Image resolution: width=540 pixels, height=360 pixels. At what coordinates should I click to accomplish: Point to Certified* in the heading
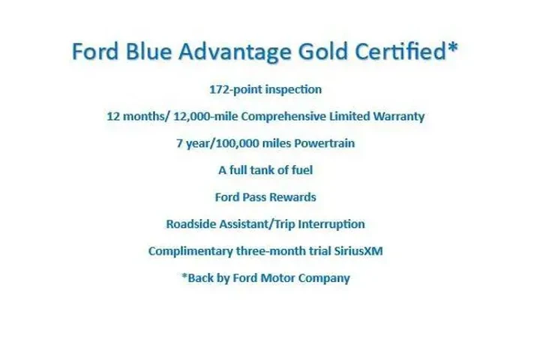(x=415, y=52)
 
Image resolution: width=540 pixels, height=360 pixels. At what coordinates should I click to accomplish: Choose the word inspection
(x=295, y=89)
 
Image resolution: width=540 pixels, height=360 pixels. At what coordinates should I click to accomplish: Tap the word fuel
(x=300, y=170)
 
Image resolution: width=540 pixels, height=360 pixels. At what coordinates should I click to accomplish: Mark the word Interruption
(x=332, y=224)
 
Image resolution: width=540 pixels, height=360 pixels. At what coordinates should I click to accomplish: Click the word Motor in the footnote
(x=286, y=278)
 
